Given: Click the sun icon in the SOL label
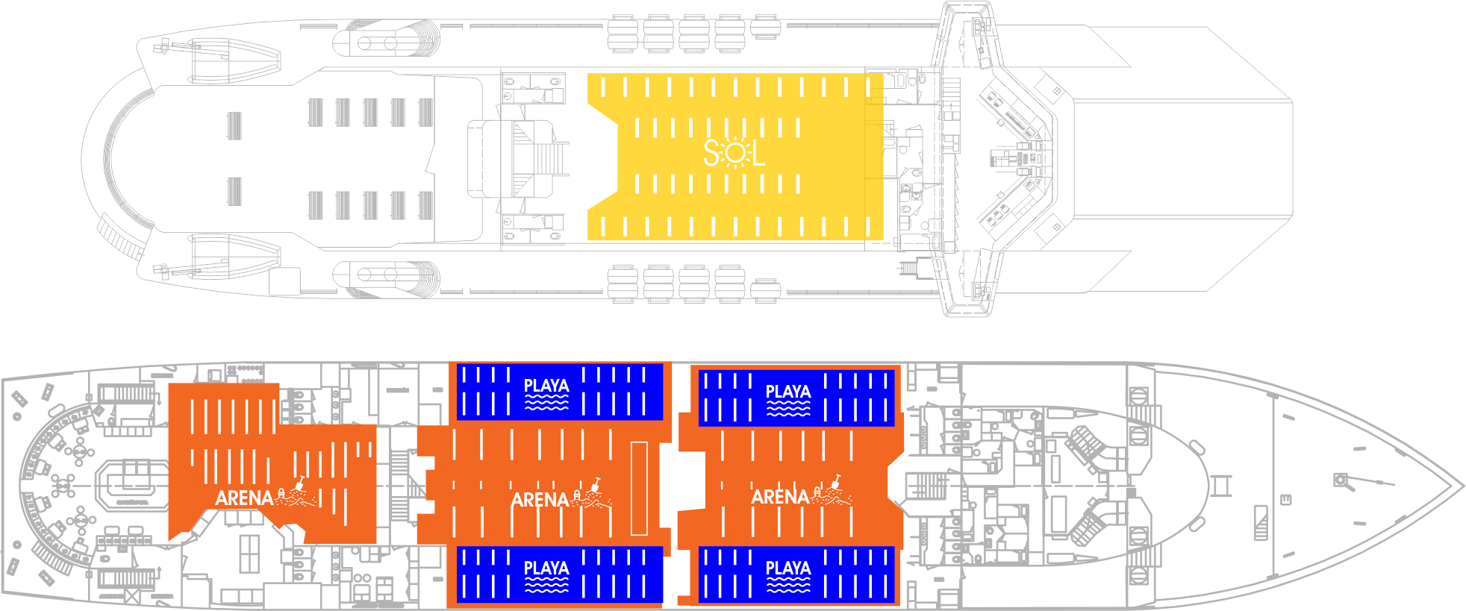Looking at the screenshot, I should pyautogui.click(x=735, y=154).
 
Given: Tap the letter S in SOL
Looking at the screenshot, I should pyautogui.click(x=712, y=154).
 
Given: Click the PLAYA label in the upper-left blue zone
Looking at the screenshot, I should pyautogui.click(x=546, y=385).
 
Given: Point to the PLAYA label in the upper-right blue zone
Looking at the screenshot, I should pyautogui.click(x=788, y=391).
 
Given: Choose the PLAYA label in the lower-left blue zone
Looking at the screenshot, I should pyautogui.click(x=546, y=568).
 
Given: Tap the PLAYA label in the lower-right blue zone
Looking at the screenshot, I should pyautogui.click(x=788, y=568).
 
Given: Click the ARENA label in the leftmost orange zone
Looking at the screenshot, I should pyautogui.click(x=244, y=498).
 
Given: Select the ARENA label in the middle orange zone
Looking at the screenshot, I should pyautogui.click(x=540, y=499).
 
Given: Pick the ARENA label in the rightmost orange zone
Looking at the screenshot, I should pyautogui.click(x=780, y=497).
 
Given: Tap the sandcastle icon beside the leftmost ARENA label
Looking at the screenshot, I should pyautogui.click(x=296, y=493).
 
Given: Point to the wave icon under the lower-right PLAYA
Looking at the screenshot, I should pyautogui.click(x=788, y=585).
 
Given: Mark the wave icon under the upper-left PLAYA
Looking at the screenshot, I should pyautogui.click(x=546, y=403).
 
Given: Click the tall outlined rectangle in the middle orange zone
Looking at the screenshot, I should pyautogui.click(x=639, y=488).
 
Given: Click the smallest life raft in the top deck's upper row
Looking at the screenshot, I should pyautogui.click(x=766, y=27).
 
